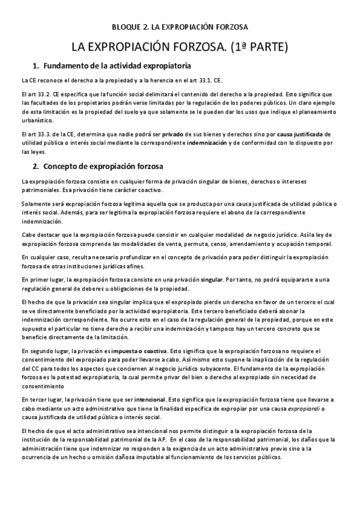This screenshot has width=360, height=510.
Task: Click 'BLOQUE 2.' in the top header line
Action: (130, 27)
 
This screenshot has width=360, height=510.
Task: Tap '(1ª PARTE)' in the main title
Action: (255, 46)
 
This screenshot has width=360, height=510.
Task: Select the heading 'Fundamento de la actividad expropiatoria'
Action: (117, 65)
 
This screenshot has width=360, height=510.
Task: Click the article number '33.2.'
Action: (41, 94)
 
